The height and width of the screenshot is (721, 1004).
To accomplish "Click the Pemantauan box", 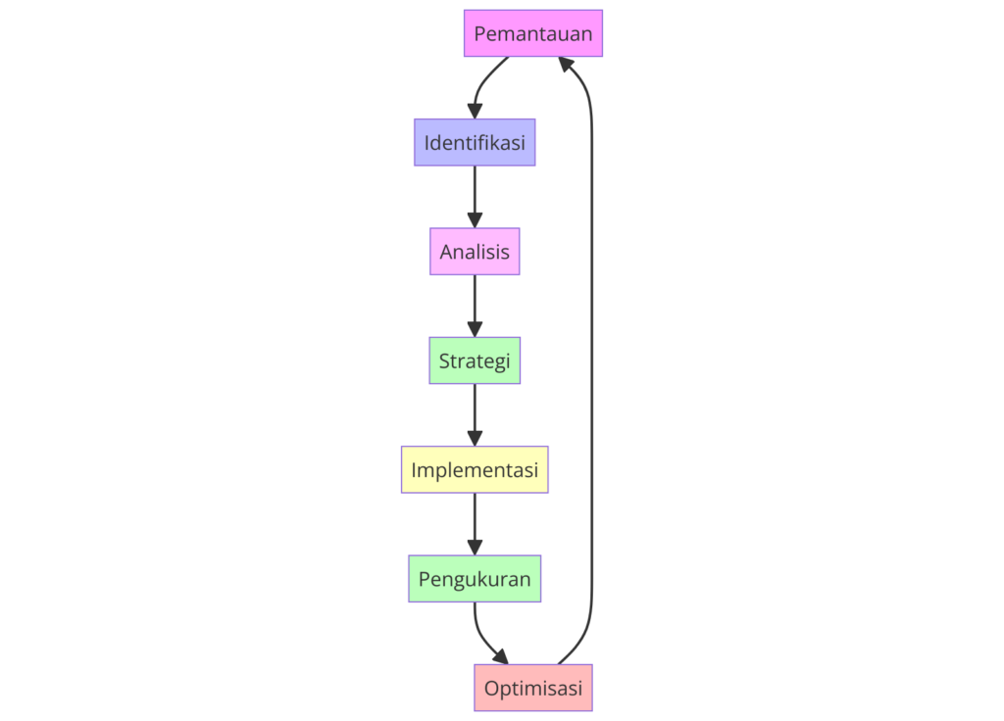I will click(533, 33).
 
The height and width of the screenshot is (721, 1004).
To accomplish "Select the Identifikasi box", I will click(475, 143).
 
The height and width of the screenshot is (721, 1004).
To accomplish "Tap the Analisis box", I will click(475, 252).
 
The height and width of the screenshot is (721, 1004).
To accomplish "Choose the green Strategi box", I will click(475, 360).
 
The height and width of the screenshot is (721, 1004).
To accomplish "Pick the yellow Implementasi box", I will click(475, 469).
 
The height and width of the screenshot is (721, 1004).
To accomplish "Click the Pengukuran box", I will click(475, 579).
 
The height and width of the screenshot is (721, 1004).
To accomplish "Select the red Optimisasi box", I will click(533, 688).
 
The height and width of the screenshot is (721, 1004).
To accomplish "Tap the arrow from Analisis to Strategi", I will click(475, 304).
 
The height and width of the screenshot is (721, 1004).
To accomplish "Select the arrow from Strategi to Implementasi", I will click(475, 412).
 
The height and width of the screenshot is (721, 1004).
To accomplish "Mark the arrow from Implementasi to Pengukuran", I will click(475, 521).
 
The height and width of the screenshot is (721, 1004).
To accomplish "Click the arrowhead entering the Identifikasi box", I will click(475, 112).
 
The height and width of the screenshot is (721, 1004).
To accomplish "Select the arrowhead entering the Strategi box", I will click(475, 330).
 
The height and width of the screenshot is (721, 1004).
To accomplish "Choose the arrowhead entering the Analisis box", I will click(475, 220).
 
